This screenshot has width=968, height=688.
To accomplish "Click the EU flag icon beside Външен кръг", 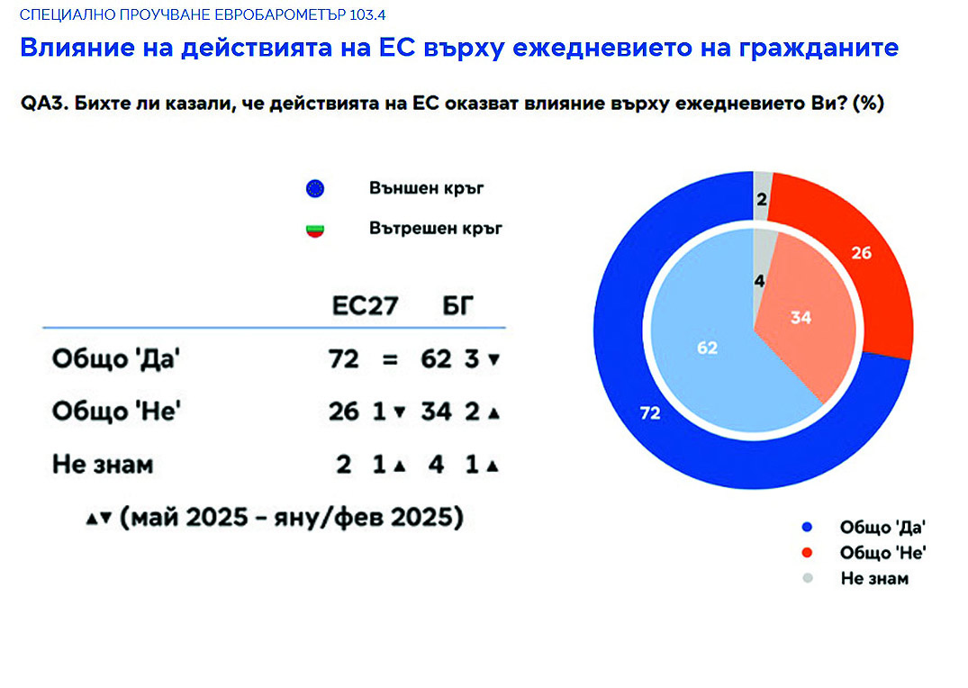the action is [x=315, y=188].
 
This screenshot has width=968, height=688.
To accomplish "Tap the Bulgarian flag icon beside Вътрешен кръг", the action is [x=315, y=231].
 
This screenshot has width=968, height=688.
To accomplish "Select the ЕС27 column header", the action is [x=365, y=305].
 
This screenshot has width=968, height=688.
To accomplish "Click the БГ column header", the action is [x=457, y=305].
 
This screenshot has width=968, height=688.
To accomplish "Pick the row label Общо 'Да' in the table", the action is [x=116, y=358].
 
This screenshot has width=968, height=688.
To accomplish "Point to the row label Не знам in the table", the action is [x=103, y=465].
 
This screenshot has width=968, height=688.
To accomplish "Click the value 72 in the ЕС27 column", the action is [x=343, y=358].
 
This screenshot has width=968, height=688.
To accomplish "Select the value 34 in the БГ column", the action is [x=437, y=412].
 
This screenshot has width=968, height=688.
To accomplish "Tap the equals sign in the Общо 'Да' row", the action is [x=390, y=359].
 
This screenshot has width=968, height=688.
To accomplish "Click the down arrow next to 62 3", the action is [x=493, y=359].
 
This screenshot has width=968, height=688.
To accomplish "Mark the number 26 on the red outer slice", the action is [x=861, y=252].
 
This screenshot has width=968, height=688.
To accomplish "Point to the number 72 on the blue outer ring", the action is [x=650, y=412].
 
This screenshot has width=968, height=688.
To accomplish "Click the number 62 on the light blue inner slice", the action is [x=707, y=348].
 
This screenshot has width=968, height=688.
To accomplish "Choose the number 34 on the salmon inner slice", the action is [x=801, y=318].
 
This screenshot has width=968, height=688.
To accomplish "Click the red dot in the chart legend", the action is [x=807, y=553].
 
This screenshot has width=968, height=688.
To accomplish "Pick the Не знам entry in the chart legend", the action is [x=874, y=579].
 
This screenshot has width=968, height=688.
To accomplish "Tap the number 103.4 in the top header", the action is [x=367, y=14].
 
